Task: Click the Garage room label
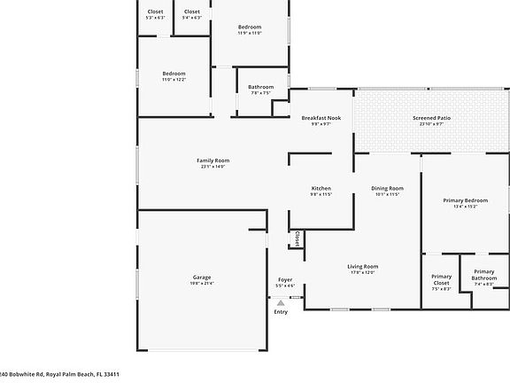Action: pyautogui.click(x=202, y=277)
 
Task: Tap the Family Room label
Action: pyautogui.click(x=212, y=160)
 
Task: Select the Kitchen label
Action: pyautogui.click(x=321, y=188)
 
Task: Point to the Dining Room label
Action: pyautogui.click(x=387, y=188)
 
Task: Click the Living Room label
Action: pyautogui.click(x=363, y=266)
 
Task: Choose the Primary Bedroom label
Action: pyautogui.click(x=465, y=200)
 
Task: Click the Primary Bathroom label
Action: pyautogui.click(x=483, y=275)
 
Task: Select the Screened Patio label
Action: pyautogui.click(x=432, y=118)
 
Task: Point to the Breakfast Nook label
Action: pyautogui.click(x=321, y=118)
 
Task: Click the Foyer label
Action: pyautogui.click(x=285, y=279)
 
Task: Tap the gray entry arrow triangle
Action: pyautogui.click(x=281, y=302)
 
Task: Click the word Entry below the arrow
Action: pyautogui.click(x=281, y=311)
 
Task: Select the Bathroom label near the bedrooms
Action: pyautogui.click(x=260, y=87)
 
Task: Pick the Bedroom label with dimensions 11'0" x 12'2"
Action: pyautogui.click(x=174, y=73)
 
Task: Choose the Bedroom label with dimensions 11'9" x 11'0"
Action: pyautogui.click(x=250, y=27)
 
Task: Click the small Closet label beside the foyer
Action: pyautogui.click(x=297, y=239)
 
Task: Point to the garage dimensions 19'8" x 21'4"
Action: pyautogui.click(x=202, y=284)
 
